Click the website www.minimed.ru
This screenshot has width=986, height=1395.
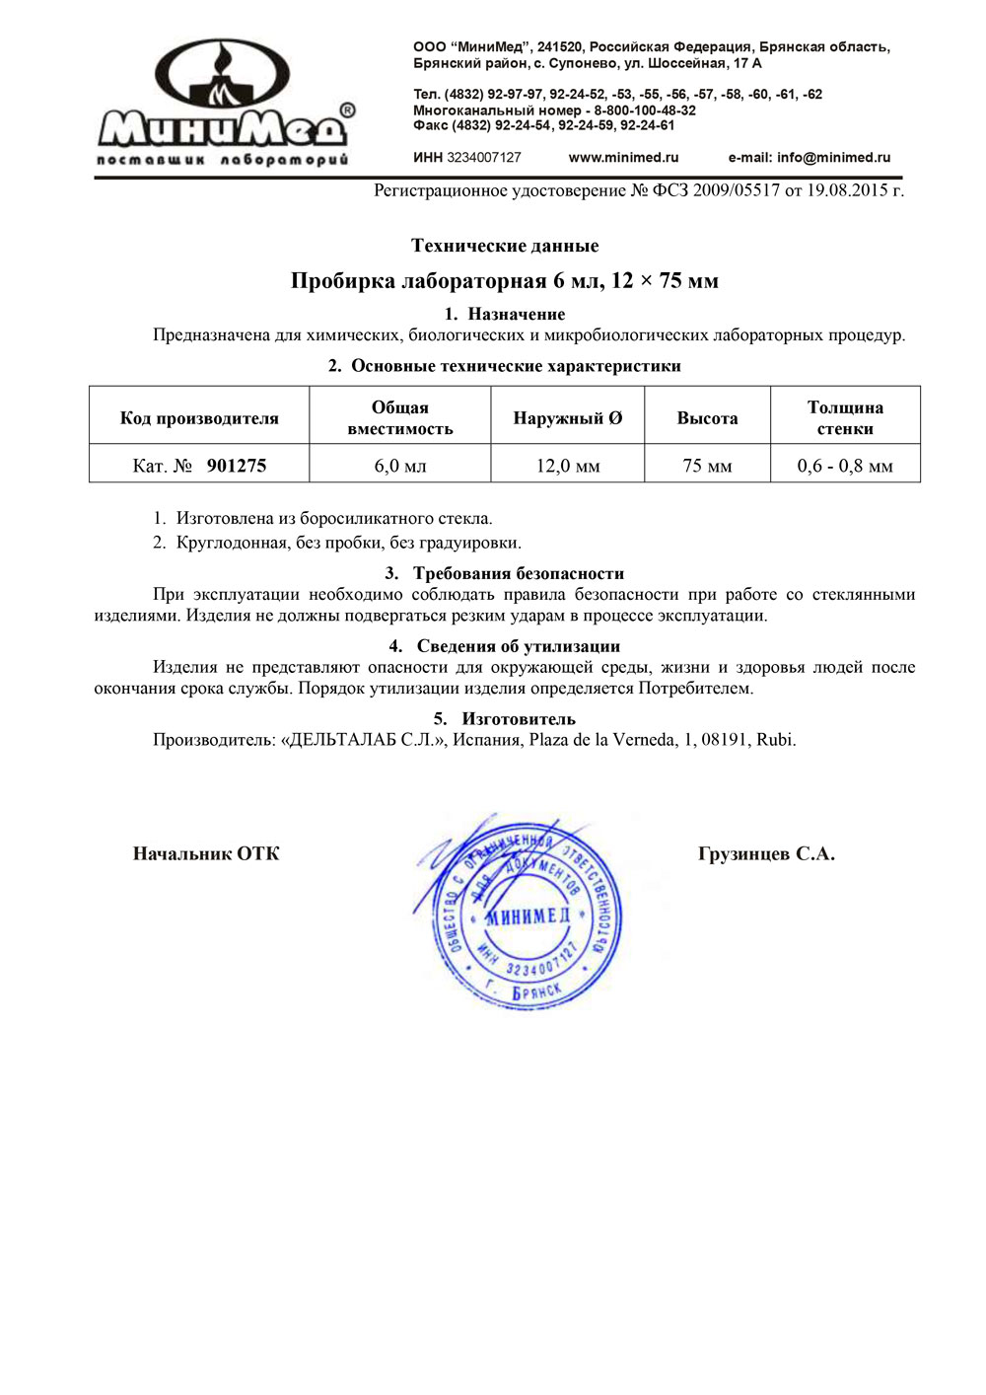[623, 158]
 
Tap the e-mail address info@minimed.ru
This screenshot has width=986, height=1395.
[809, 158]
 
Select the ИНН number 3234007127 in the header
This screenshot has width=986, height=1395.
[483, 158]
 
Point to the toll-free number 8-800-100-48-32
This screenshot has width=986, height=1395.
[644, 110]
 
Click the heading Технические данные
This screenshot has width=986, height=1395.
[504, 246]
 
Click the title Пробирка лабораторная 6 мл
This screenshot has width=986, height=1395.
[504, 281]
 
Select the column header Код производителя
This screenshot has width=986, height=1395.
[199, 418]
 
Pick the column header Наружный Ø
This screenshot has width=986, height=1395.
[567, 418]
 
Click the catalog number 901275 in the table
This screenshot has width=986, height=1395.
[237, 466]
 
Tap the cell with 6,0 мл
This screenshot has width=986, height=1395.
[399, 466]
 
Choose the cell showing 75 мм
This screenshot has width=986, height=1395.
[707, 466]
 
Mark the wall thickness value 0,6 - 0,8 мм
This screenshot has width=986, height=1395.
[844, 466]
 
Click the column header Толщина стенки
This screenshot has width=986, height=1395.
[844, 418]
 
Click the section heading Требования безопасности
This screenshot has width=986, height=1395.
[518, 573]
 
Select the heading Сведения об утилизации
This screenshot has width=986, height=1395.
[518, 646]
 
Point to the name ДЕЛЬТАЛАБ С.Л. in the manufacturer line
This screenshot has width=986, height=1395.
[364, 740]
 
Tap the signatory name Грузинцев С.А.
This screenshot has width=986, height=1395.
[766, 854]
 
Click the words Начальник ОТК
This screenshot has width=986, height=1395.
[206, 854]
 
